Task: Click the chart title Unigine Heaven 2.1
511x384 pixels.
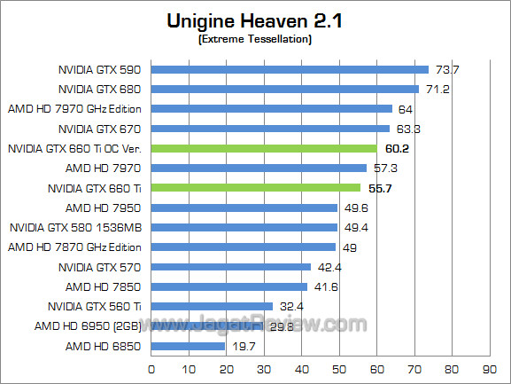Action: pyautogui.click(x=256, y=20)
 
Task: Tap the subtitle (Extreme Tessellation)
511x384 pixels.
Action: pyautogui.click(x=256, y=39)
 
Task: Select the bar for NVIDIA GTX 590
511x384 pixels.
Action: pyautogui.click(x=290, y=69)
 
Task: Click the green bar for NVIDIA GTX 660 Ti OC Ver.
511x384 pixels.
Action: pyautogui.click(x=264, y=148)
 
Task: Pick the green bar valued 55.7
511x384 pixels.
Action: pyautogui.click(x=256, y=188)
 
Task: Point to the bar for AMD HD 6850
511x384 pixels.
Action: pyautogui.click(x=188, y=346)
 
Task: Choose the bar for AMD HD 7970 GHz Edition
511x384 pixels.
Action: pyautogui.click(x=271, y=109)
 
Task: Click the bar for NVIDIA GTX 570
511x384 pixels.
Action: pyautogui.click(x=231, y=267)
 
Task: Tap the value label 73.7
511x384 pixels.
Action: pyautogui.click(x=445, y=69)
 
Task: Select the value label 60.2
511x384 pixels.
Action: pyautogui.click(x=395, y=148)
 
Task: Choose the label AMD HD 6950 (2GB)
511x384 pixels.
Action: pyautogui.click(x=92, y=326)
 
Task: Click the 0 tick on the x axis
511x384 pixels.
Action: pyautogui.click(x=151, y=368)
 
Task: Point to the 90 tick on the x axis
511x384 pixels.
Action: pyautogui.click(x=488, y=368)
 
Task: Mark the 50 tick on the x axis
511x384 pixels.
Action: pyautogui.click(x=338, y=368)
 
